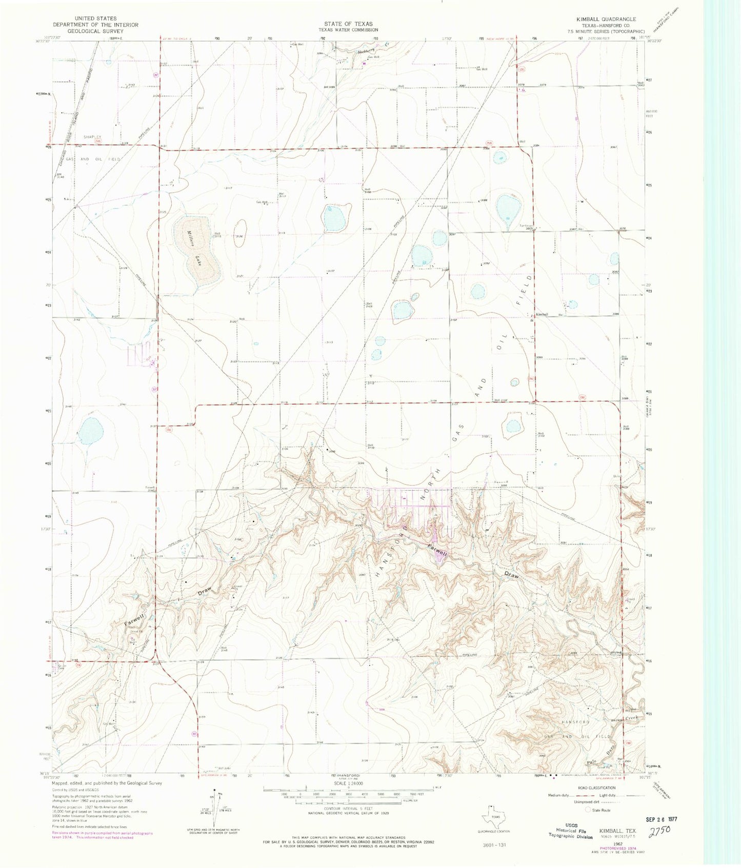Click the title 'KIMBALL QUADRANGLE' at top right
tap(604, 18)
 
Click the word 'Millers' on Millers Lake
tap(188, 239)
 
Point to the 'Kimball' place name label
tap(542, 314)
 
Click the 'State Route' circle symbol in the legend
tap(588, 810)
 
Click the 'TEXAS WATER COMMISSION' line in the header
tap(348, 30)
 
